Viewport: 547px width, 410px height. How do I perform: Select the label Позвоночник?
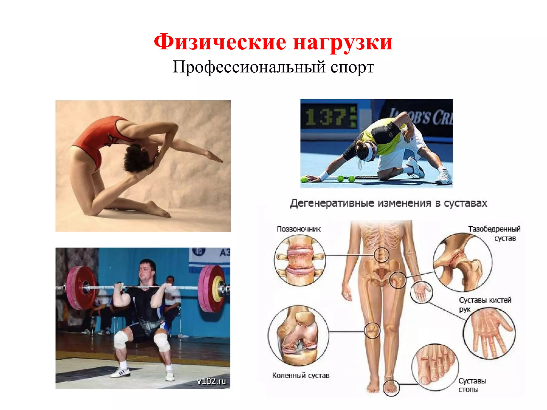click(298, 229)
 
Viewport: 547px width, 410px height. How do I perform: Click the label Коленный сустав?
click(300, 375)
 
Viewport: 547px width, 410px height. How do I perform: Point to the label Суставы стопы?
click(472, 385)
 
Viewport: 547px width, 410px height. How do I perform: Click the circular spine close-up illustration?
click(300, 261)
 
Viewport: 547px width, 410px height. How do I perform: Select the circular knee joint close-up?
click(298, 336)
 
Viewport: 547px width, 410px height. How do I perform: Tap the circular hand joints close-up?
click(489, 333)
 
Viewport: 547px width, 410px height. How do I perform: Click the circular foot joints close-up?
click(435, 367)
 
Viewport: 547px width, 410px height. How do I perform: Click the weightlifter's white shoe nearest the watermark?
click(170, 375)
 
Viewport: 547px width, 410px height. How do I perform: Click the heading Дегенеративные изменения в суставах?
click(389, 203)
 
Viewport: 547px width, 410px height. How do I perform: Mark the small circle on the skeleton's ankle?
click(391, 388)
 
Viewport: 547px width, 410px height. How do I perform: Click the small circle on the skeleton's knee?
click(372, 330)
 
